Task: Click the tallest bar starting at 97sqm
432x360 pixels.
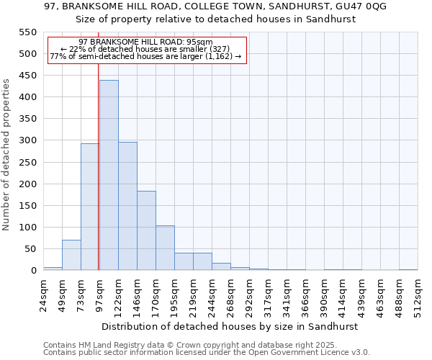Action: point(109,175)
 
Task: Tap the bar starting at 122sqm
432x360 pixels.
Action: point(127,206)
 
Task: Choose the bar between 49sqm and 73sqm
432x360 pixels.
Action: point(71,255)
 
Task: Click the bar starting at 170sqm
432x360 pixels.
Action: point(165,248)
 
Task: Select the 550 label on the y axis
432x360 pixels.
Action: point(27,32)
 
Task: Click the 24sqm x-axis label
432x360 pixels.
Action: point(44,294)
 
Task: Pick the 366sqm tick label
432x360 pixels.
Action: point(306,295)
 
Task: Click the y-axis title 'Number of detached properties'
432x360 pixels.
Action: point(7,155)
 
